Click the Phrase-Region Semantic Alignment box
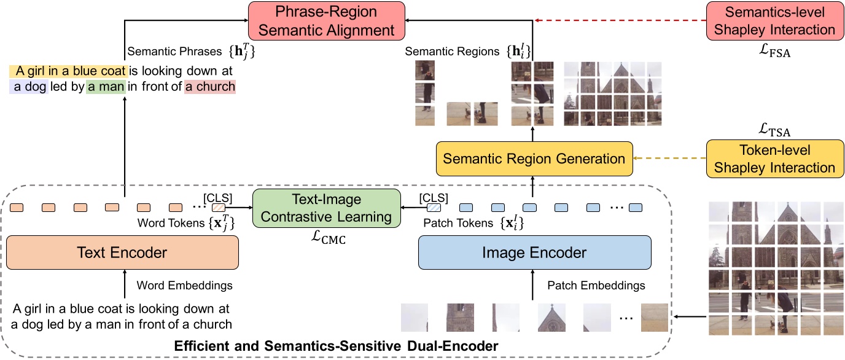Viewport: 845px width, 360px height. [326, 21]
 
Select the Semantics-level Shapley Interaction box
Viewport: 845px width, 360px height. [776, 21]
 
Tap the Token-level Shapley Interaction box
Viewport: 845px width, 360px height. [775, 159]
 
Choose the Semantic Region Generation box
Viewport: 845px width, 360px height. [534, 159]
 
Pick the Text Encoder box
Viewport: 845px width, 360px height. [122, 252]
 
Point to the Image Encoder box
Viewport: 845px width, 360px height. [534, 252]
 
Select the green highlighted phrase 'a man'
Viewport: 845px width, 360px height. [106, 87]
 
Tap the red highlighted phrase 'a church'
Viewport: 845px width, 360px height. [210, 87]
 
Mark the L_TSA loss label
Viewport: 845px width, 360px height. [775, 131]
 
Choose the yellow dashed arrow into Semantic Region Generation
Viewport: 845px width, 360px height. [669, 159]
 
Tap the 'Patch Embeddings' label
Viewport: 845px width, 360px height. [596, 285]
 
